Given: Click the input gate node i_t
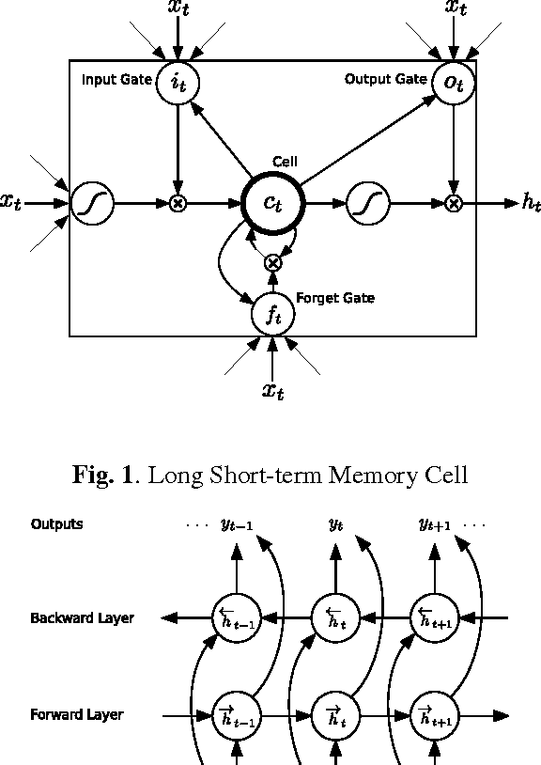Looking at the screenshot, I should pos(177,82).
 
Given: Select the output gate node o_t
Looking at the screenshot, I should pos(454,82).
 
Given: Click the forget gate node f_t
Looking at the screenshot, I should pos(272,314).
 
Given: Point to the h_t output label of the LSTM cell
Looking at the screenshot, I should pos(531,202).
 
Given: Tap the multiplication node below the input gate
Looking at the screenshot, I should pos(177,202).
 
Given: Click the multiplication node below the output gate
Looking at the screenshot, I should pos(454,202).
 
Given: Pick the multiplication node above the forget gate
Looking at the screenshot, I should pos(272,263).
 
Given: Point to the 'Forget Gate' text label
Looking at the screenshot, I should pos(335,298).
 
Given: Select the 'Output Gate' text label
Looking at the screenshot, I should pos(386,79).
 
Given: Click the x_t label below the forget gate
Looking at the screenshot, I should pos(272,390).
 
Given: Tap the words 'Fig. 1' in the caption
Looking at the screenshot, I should pos(100,475).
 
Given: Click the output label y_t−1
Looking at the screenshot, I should pos(236,525).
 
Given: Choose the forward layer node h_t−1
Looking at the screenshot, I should pos(236,716).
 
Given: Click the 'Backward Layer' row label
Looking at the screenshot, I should pos(82,618).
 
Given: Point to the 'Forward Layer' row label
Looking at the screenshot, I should pos(77,715).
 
